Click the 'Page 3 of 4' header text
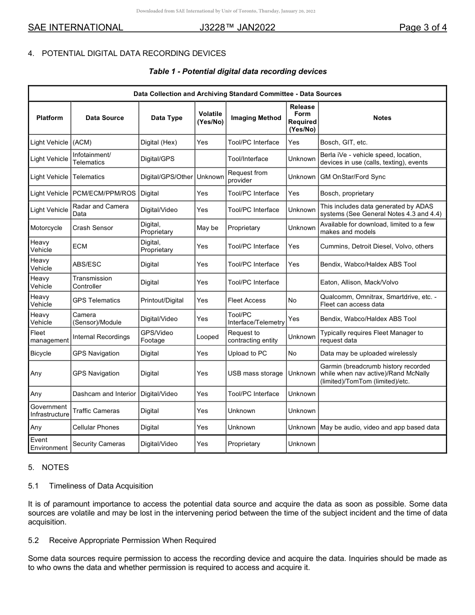(x=422, y=27)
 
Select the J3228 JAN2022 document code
(x=237, y=27)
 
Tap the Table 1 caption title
(x=237, y=71)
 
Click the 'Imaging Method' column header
(x=256, y=118)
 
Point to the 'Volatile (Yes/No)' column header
(x=210, y=118)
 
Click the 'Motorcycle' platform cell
(x=46, y=228)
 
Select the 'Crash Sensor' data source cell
(x=93, y=228)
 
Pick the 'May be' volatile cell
(x=207, y=228)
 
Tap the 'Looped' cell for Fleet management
(x=207, y=337)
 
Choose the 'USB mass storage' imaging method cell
(x=255, y=373)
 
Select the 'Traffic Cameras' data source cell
(x=96, y=411)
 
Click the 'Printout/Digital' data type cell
(x=162, y=300)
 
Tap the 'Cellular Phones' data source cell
(x=96, y=427)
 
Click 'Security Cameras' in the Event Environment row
(x=99, y=444)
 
